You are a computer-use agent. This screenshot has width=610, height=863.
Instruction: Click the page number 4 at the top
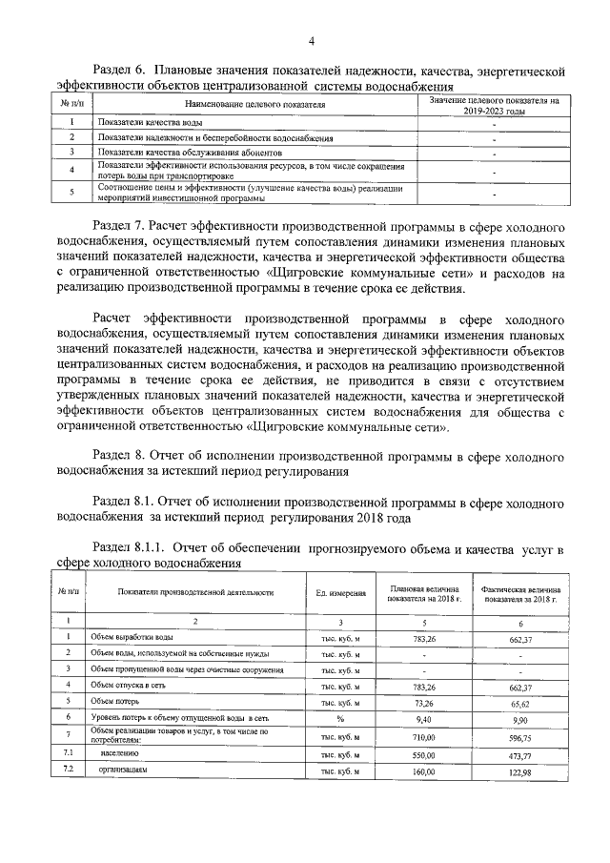tap(311, 40)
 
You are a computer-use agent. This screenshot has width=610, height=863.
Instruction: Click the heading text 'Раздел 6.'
tap(122, 71)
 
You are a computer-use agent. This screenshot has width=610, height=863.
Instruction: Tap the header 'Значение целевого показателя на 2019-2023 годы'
tap(494, 104)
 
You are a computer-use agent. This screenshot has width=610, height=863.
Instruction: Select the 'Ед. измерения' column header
tap(341, 593)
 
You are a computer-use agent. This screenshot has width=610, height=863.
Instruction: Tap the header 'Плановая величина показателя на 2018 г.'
tap(423, 593)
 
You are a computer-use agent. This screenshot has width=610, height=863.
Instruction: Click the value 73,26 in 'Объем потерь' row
tap(423, 700)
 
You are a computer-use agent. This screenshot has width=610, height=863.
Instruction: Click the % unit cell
tap(340, 717)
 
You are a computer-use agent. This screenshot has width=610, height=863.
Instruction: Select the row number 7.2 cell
tap(69, 770)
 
